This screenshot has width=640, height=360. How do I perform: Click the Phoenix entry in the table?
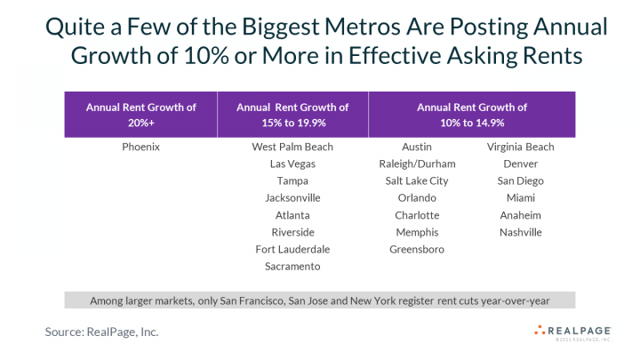click(140, 147)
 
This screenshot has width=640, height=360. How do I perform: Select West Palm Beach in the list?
click(292, 147)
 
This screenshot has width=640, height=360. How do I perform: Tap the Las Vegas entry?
click(292, 164)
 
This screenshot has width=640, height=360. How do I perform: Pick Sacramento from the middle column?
click(292, 266)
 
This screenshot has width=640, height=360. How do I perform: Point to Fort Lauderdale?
click(292, 249)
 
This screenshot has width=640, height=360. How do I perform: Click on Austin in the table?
click(417, 147)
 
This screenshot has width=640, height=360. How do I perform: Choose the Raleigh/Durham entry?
click(417, 164)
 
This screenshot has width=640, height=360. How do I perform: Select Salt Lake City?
click(417, 180)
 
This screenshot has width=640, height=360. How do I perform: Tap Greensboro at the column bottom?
click(417, 249)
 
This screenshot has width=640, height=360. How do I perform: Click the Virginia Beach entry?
click(520, 147)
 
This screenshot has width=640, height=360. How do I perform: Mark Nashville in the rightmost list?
click(520, 232)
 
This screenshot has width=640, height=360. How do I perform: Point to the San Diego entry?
click(520, 180)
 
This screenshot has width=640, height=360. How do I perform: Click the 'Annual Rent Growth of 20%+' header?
click(140, 115)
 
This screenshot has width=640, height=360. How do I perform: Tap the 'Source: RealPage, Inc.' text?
click(103, 332)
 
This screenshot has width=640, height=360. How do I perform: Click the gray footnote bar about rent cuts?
click(320, 300)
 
